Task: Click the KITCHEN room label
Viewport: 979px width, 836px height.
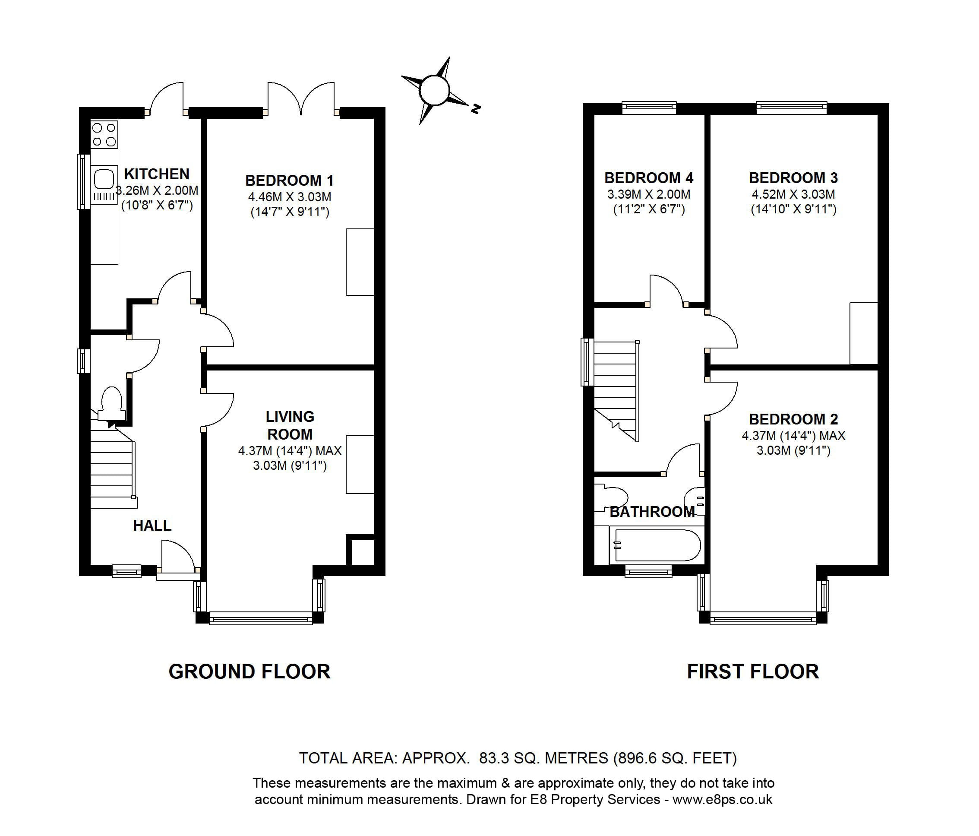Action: [x=156, y=174]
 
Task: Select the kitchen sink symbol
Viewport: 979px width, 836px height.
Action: [x=104, y=180]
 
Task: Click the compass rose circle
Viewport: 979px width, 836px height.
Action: [x=434, y=90]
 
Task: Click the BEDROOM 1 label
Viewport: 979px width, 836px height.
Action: [x=289, y=180]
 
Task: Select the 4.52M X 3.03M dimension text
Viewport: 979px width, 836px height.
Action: [x=793, y=194]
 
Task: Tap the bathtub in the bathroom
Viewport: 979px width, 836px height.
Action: [x=657, y=545]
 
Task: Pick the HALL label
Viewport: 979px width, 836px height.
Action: [x=152, y=526]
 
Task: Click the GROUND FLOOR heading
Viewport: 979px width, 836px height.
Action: [x=249, y=671]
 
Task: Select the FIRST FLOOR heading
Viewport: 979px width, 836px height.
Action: [x=753, y=671]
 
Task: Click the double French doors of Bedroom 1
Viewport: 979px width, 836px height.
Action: [x=301, y=99]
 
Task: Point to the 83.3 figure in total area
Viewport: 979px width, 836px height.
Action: [x=494, y=758]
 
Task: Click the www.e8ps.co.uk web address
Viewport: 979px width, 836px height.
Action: [x=722, y=799]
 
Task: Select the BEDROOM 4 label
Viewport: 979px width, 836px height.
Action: [x=648, y=178]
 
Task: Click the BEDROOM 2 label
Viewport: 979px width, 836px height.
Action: [x=793, y=419]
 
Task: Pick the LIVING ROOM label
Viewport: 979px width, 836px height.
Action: [x=290, y=425]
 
